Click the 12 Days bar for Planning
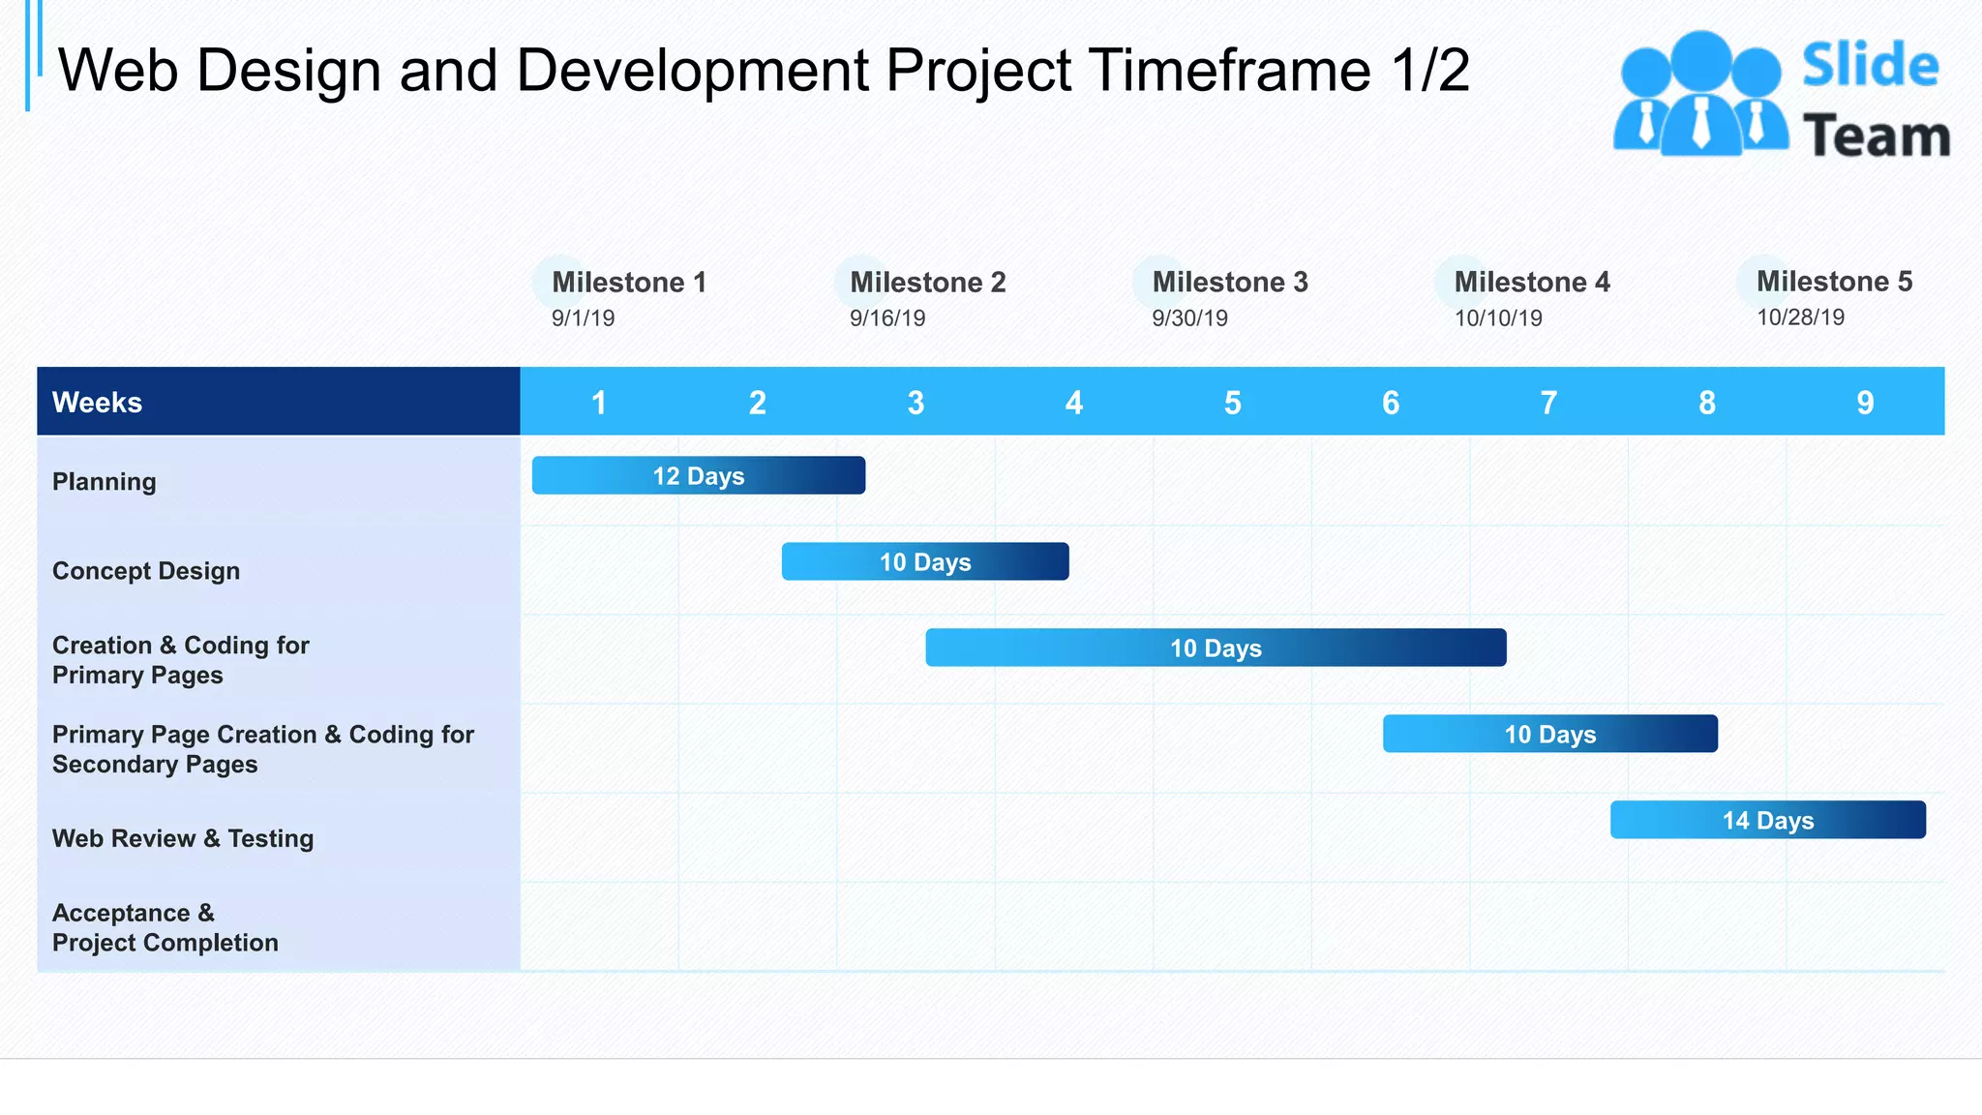point(698,475)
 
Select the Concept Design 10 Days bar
point(924,561)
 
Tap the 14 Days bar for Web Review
point(1767,820)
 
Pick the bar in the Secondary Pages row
point(1549,734)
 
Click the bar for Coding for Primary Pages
point(1215,648)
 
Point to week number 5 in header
point(1232,403)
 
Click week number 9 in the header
point(1865,403)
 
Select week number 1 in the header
point(599,403)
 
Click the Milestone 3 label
point(1229,282)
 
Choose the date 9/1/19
point(583,318)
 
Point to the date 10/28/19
point(1800,317)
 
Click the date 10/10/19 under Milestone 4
point(1497,318)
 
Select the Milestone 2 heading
point(927,282)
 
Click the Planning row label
point(105,481)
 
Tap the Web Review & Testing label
point(183,838)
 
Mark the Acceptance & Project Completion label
point(165,927)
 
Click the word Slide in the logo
point(1870,66)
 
